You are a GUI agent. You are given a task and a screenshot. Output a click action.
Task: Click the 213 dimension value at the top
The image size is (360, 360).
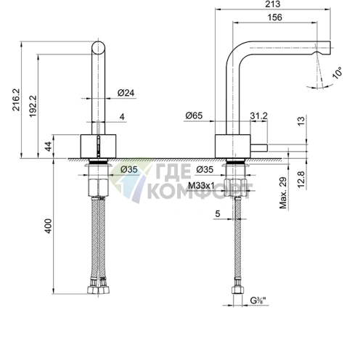click(272, 4)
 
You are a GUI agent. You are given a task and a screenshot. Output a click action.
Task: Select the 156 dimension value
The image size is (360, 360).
click(275, 17)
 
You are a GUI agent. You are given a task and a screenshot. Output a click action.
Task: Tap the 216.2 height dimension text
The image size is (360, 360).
click(16, 100)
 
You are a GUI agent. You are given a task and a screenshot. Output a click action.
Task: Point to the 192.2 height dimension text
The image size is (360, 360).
click(33, 106)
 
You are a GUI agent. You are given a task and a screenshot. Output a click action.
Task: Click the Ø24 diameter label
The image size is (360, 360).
click(126, 93)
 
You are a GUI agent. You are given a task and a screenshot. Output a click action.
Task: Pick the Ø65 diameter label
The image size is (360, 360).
click(194, 116)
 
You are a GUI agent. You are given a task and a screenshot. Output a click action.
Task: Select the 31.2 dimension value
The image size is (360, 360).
click(259, 116)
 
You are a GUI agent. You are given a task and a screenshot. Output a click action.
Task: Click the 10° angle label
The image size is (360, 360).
click(337, 73)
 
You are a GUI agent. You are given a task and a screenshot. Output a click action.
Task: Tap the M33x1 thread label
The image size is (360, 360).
click(201, 186)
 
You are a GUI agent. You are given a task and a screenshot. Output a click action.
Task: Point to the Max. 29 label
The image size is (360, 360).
click(283, 193)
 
